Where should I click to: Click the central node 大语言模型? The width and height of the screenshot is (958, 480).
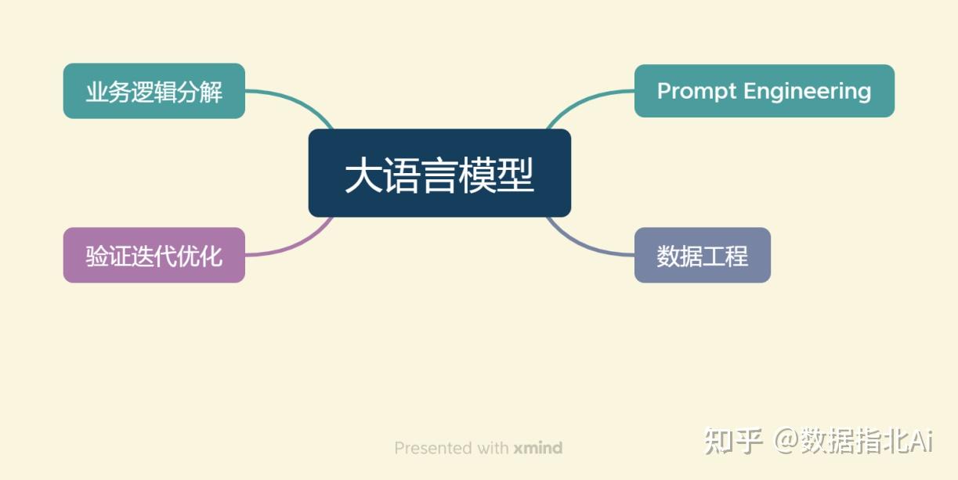439,173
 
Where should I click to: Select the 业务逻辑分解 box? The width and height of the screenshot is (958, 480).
154,92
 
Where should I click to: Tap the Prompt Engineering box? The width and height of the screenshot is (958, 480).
764,91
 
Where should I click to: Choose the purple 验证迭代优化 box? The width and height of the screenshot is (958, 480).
154,255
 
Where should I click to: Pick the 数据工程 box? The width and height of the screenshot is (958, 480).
702,255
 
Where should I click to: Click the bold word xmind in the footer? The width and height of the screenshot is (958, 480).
538,448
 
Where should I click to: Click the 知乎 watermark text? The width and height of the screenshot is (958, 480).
733,441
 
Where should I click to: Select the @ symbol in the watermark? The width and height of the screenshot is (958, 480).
786,441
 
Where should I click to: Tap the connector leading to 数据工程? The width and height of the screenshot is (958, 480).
584,244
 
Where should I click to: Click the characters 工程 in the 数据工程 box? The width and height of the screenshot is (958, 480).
725,256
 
